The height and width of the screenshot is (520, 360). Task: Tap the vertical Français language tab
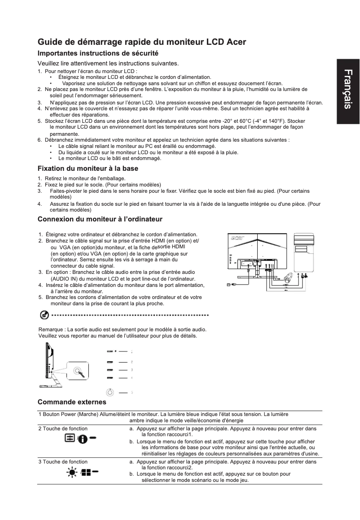(x=348, y=89)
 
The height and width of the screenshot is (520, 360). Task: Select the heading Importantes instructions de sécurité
(x=98, y=53)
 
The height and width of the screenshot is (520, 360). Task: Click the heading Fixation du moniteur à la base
(x=88, y=169)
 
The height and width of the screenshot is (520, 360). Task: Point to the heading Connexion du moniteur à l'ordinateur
(x=100, y=219)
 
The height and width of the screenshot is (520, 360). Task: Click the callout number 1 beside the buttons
(x=132, y=352)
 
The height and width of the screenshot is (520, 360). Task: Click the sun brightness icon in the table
(x=71, y=472)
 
